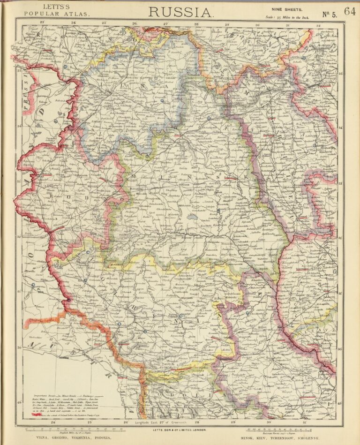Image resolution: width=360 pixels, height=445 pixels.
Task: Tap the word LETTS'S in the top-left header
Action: (56, 7)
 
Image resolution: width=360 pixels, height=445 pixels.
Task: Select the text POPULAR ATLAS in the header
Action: (56, 14)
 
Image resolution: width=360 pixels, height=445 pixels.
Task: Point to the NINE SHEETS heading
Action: (286, 9)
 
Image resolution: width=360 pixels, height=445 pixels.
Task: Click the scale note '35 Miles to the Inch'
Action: (287, 17)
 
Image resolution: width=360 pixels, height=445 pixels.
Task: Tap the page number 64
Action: (350, 11)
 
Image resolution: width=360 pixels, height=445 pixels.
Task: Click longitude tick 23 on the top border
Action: (42, 22)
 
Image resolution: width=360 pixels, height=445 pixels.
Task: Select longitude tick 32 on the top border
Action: (318, 25)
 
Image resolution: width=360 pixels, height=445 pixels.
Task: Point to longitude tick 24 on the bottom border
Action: (53, 422)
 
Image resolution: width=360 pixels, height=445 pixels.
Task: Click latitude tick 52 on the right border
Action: (340, 237)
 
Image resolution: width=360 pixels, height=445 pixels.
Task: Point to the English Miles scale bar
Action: (66, 428)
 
